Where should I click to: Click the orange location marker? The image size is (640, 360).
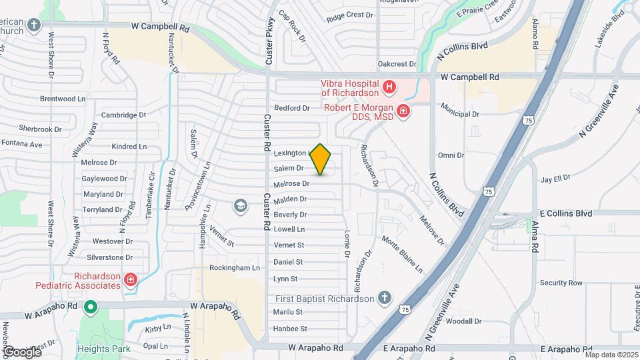point(321,159)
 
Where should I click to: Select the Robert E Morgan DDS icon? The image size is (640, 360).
point(403,111)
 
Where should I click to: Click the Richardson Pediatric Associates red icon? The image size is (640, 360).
point(131,279)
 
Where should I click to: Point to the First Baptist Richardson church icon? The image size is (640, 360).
point(384,298)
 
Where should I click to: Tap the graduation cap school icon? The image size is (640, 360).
point(239,206)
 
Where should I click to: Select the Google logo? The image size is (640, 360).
point(21,351)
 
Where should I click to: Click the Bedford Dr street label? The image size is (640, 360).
point(292,108)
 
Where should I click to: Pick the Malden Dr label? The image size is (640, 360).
point(290,199)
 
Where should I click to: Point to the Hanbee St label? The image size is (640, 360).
point(290,329)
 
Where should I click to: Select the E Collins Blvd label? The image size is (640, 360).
point(565,213)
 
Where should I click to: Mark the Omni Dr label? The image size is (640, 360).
point(451,155)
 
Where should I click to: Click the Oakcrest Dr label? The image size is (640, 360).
point(397,65)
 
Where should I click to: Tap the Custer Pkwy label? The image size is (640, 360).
point(270,40)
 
